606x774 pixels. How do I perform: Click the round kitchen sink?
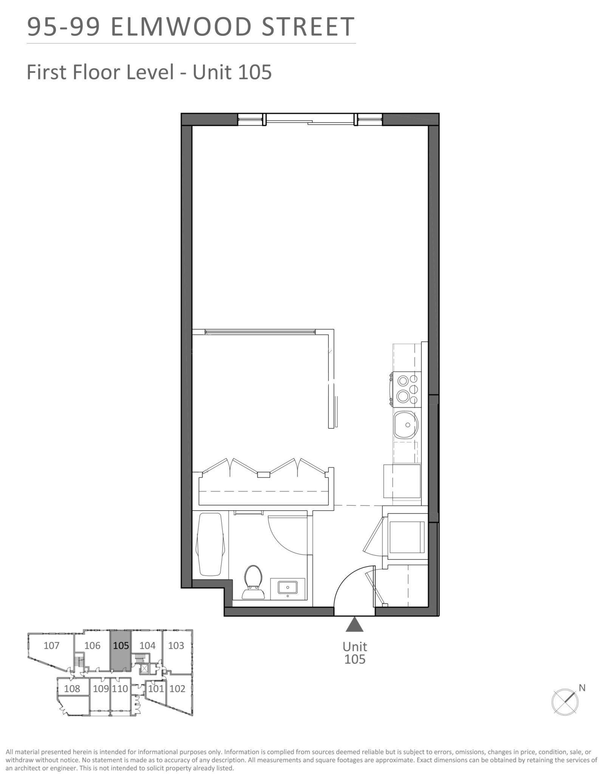(406, 426)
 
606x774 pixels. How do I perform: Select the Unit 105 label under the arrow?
(355, 653)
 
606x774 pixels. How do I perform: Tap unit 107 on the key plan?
(51, 646)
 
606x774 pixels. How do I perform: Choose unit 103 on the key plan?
(176, 646)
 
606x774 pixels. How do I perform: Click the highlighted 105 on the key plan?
(121, 646)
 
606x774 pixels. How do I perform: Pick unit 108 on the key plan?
(72, 689)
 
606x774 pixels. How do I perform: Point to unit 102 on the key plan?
(177, 689)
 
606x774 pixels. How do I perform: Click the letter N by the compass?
(582, 688)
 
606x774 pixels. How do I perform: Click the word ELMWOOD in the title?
(182, 27)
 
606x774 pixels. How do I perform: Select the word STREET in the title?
(308, 27)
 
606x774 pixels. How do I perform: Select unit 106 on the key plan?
(92, 646)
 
